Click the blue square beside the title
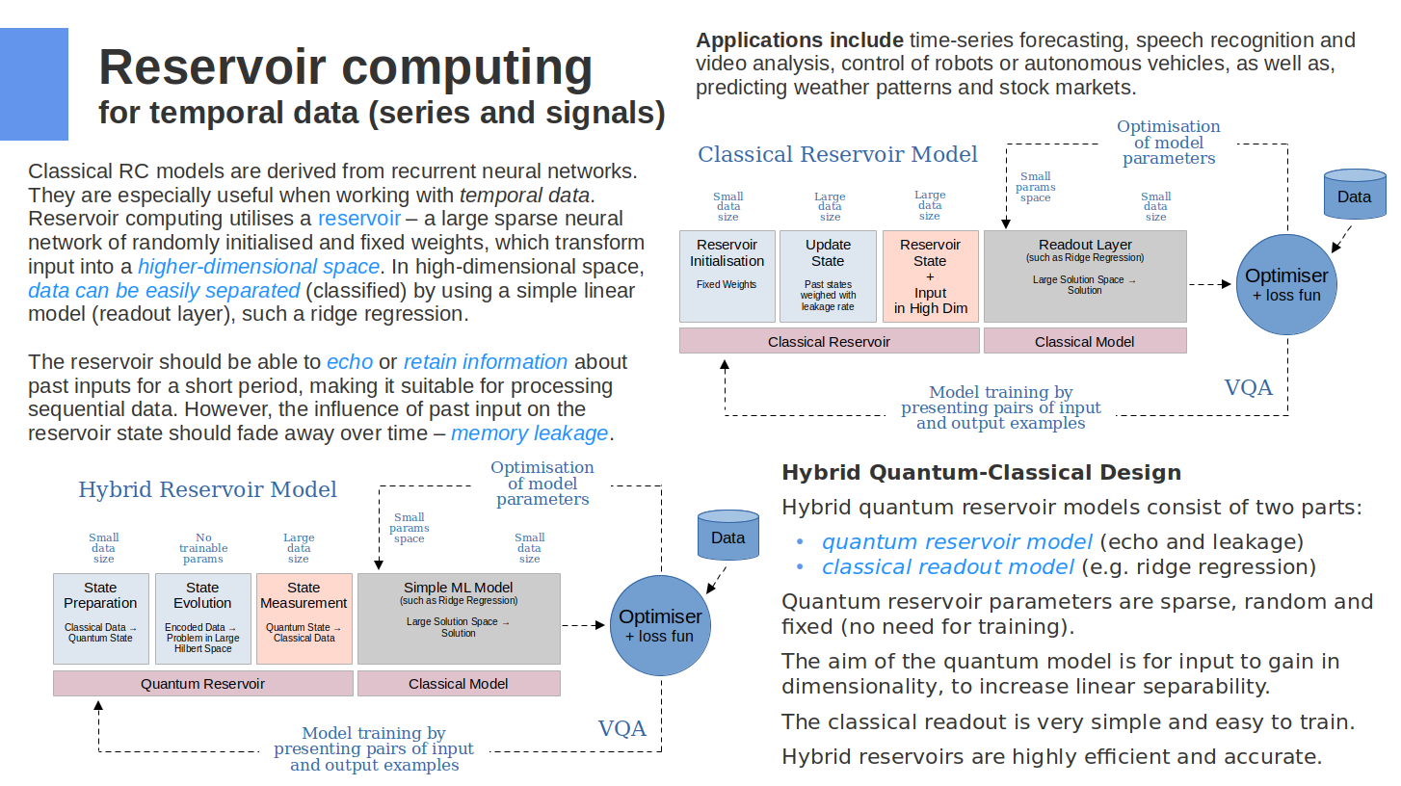pyautogui.click(x=34, y=84)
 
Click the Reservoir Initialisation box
pyautogui.click(x=727, y=275)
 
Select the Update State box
pyautogui.click(x=828, y=275)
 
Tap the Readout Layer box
pyautogui.click(x=1084, y=275)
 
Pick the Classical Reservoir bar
pyautogui.click(x=829, y=341)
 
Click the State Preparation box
pyautogui.click(x=100, y=618)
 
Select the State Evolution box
pyautogui.click(x=202, y=618)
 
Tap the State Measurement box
pyautogui.click(x=304, y=618)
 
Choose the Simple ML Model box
pyautogui.click(x=458, y=618)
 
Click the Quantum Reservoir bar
pyautogui.click(x=202, y=684)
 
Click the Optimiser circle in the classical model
pyautogui.click(x=1286, y=284)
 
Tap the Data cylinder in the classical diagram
pyautogui.click(x=1354, y=196)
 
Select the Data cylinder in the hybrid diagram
pyautogui.click(x=727, y=537)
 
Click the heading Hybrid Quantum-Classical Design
pyautogui.click(x=981, y=473)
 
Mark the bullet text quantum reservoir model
pyautogui.click(x=957, y=541)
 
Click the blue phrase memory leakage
pyautogui.click(x=530, y=433)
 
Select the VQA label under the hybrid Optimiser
pyautogui.click(x=621, y=728)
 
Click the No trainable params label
pyautogui.click(x=202, y=548)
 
